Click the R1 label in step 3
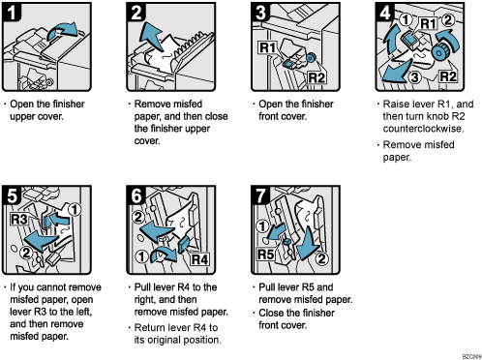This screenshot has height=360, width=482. [268, 46]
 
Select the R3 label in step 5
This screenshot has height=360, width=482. [21, 220]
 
